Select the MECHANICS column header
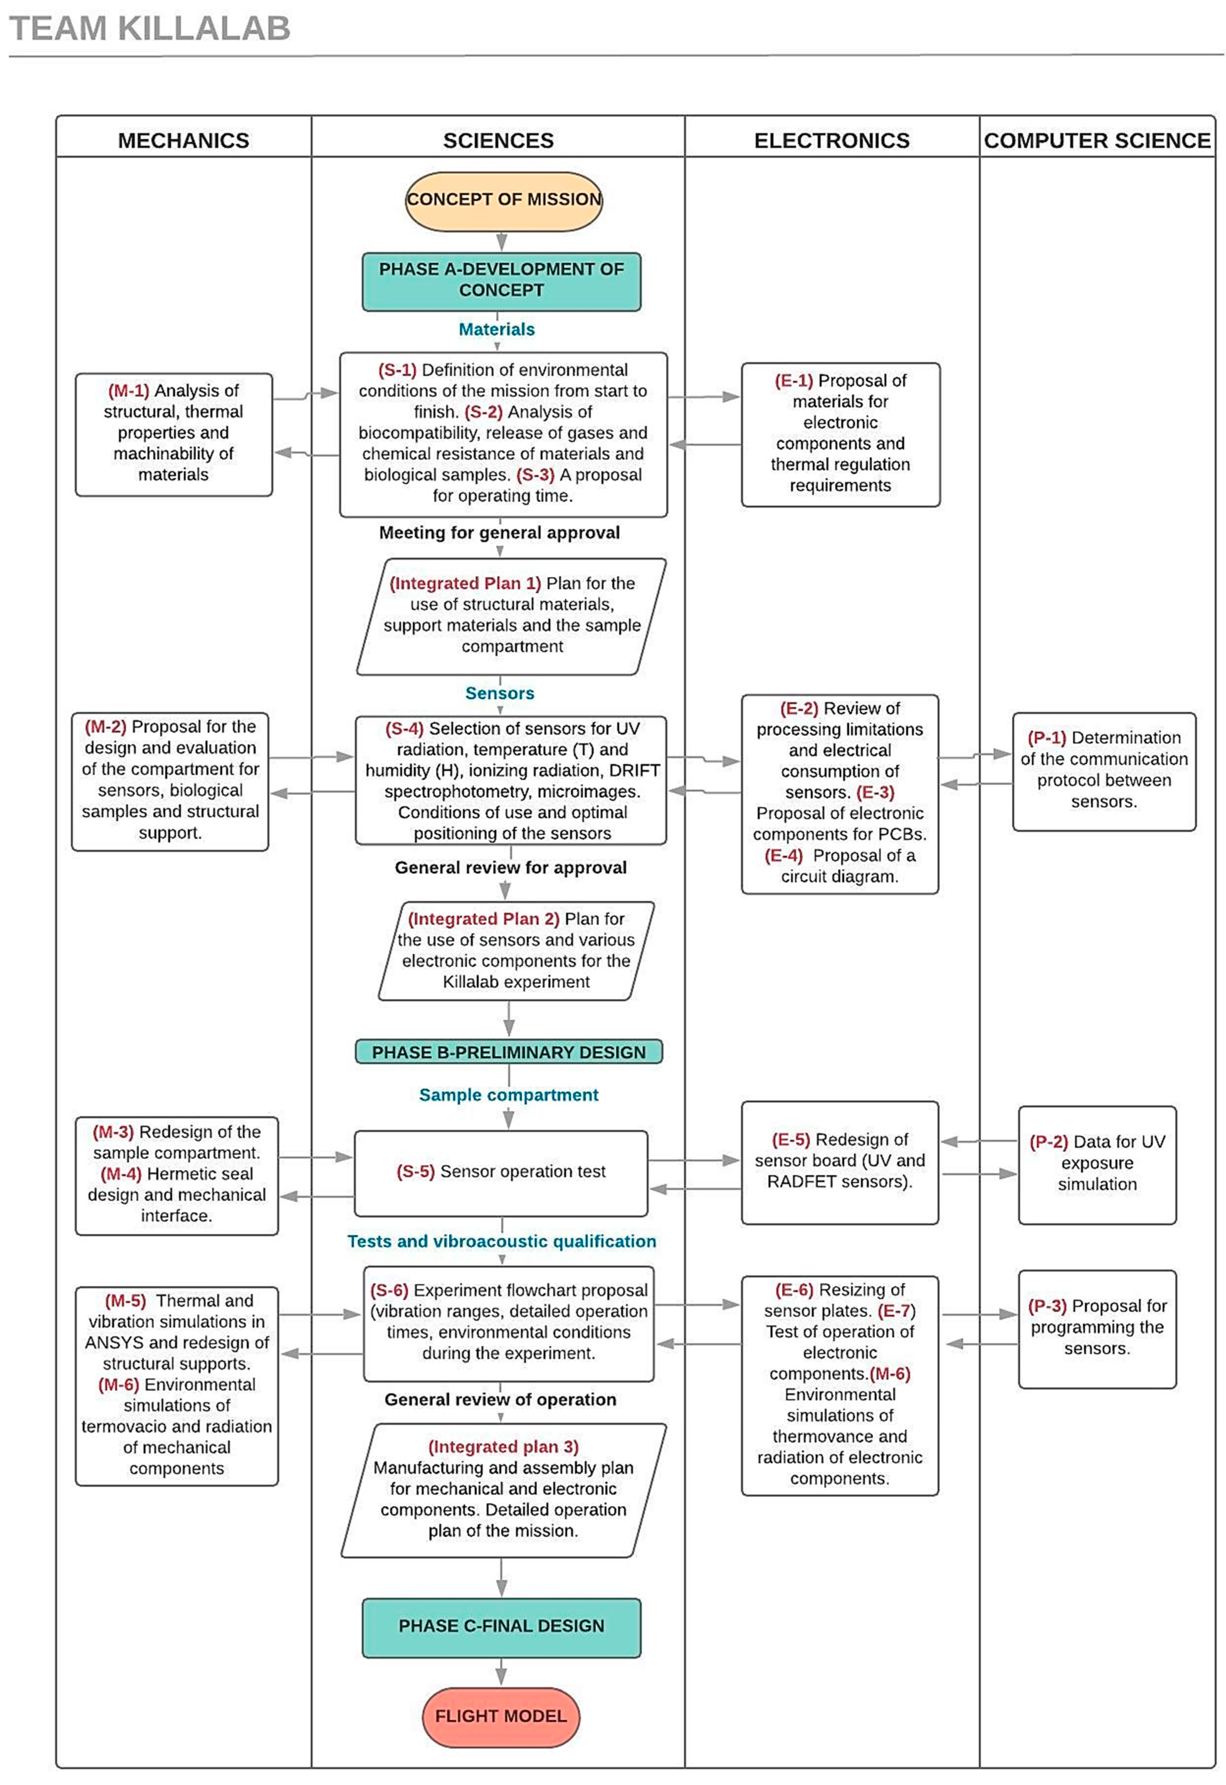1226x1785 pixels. click(183, 141)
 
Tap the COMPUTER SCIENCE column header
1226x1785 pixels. click(1097, 141)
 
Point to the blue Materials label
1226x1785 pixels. click(496, 330)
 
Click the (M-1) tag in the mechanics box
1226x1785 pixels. click(128, 391)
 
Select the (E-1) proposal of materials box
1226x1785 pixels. click(841, 434)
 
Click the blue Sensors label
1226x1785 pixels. click(499, 693)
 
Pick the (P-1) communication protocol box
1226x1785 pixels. click(1104, 770)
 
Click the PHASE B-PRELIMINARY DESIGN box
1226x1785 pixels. click(508, 1052)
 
